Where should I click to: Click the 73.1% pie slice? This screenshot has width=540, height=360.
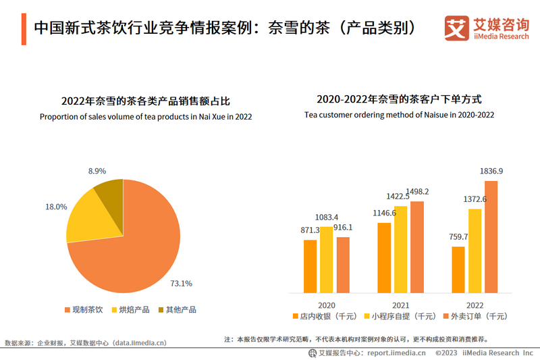pos(135,250)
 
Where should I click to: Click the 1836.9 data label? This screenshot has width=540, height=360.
pos(491,171)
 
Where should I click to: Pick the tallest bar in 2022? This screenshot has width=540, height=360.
pos(491,236)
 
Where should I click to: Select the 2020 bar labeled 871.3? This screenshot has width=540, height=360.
pos(310,266)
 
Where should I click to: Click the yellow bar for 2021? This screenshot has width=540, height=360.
pos(401,249)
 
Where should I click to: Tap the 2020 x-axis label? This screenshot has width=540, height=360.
pos(327,303)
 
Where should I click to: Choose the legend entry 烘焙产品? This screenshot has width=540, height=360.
pos(133,310)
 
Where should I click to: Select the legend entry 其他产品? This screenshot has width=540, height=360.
pos(177,310)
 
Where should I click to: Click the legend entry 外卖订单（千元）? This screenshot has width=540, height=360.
pos(476,316)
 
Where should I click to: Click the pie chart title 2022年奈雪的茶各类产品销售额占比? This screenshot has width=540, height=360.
pos(146,101)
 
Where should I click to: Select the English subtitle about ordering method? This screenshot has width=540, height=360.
pos(399,115)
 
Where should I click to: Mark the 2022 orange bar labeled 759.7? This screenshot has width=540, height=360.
pos(458,269)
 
